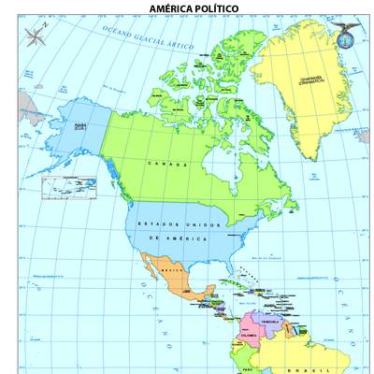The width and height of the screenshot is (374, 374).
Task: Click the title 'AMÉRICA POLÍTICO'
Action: (x=194, y=8)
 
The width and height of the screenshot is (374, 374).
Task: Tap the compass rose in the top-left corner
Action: (x=35, y=37)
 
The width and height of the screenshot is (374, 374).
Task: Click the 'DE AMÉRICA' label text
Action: (x=174, y=238)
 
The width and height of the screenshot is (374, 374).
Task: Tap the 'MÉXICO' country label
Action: (x=170, y=270)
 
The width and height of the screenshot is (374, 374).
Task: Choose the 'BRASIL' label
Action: (x=308, y=368)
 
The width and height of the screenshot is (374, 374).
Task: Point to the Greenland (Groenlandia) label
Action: (x=311, y=80)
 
